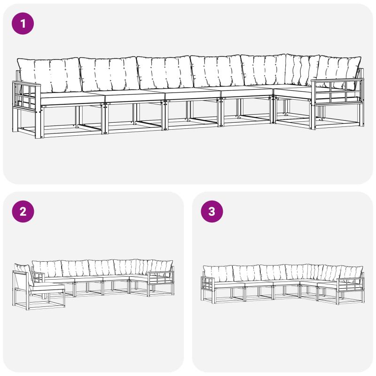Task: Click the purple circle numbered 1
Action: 23,23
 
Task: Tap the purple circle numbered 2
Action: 23,211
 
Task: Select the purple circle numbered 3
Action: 212,211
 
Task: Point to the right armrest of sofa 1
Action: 337,92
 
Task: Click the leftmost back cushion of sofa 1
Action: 49,75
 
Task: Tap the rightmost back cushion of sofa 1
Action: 340,71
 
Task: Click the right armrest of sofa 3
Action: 350,284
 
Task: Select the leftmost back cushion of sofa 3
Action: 218,274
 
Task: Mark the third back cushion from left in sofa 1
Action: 165,73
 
